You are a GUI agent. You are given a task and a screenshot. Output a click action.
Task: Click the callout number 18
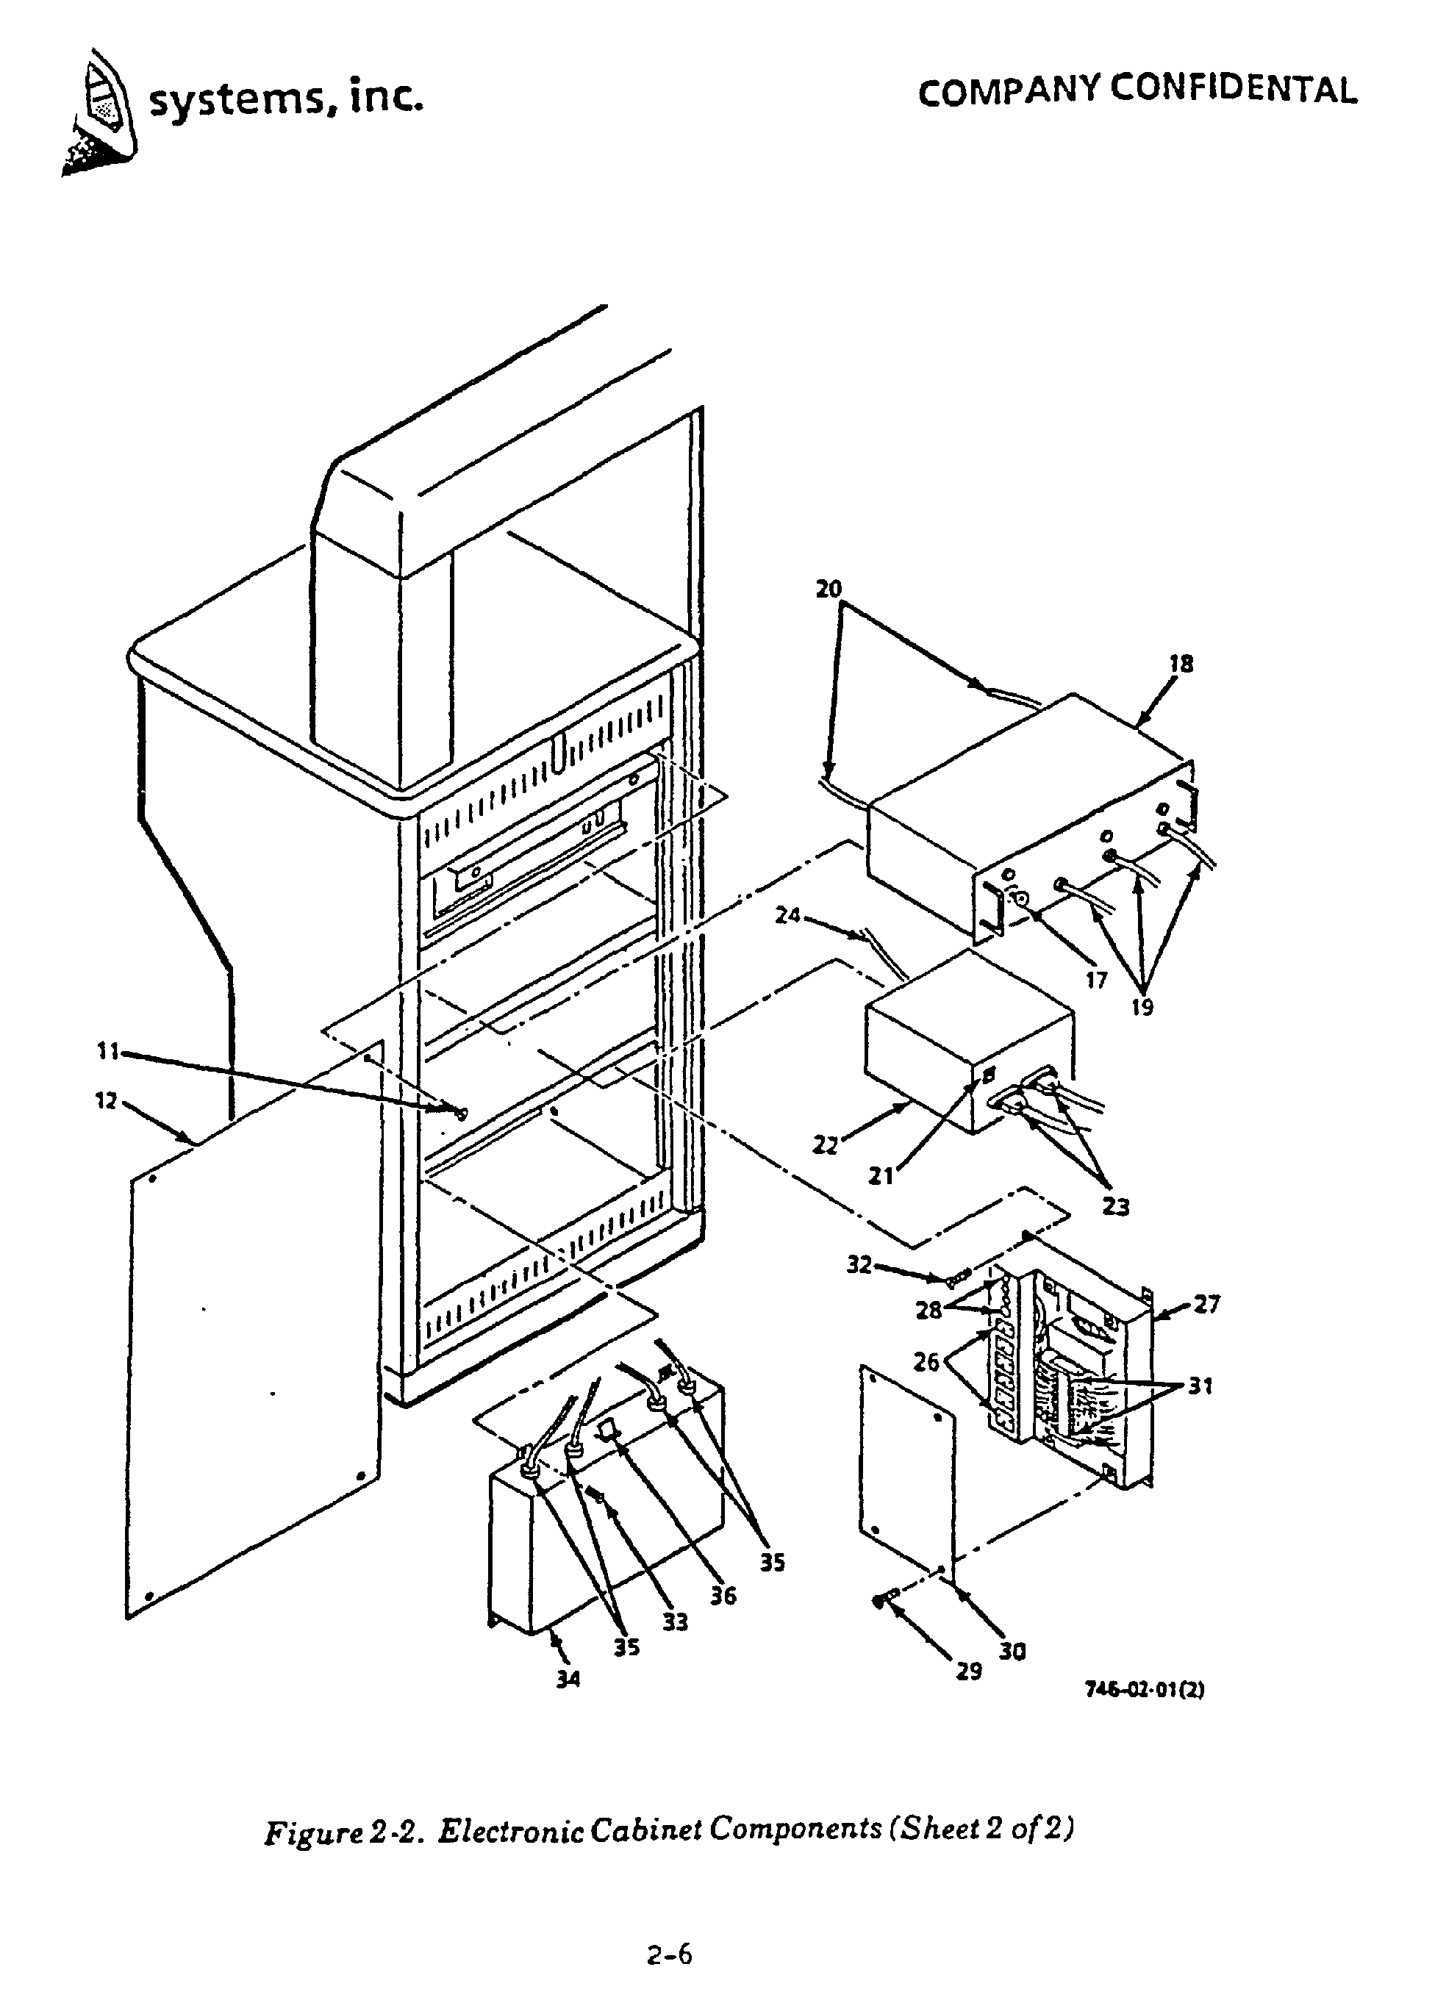pos(1181,664)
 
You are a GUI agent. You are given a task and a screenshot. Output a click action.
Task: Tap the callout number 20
pos(828,589)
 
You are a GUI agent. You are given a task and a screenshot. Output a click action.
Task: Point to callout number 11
pos(107,1050)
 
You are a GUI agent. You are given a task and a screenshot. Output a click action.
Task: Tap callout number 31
pos(1200,1386)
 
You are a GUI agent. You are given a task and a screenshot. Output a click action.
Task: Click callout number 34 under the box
pos(568,1680)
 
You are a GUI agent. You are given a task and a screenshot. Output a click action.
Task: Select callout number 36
pos(723,1596)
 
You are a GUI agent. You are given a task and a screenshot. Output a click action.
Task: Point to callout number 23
pos(1116,1207)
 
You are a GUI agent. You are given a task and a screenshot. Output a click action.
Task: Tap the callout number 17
pos(1096,981)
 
